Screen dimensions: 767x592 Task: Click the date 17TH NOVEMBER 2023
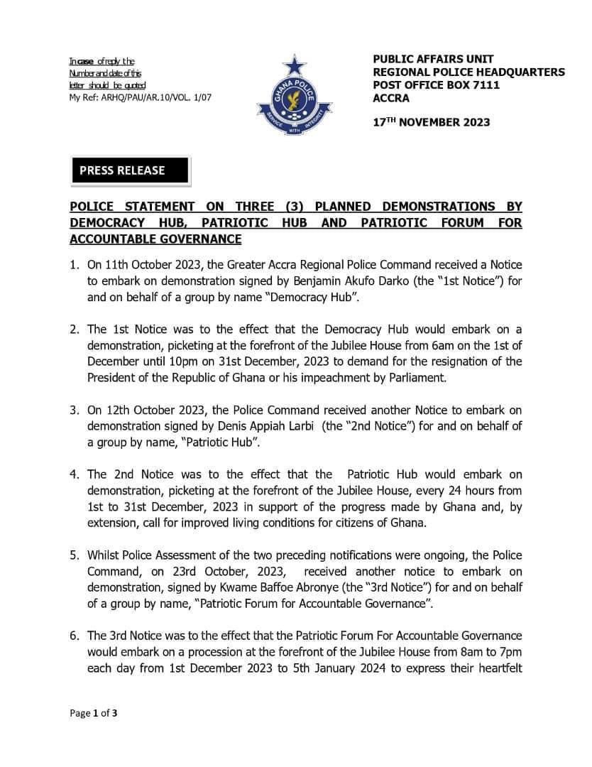[x=432, y=122]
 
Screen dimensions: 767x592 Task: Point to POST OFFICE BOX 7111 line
[x=436, y=85]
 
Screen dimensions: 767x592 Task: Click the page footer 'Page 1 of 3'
[x=93, y=714]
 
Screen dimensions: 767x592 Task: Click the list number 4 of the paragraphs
[x=73, y=474]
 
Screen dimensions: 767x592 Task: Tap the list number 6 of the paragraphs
[x=73, y=636]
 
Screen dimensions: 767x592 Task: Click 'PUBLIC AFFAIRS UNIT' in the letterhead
[x=433, y=59]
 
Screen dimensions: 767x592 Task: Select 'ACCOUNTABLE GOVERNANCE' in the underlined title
[x=155, y=239]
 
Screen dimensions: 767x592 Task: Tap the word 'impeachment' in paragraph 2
[x=307, y=378]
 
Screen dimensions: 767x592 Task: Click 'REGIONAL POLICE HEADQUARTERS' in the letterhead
[x=468, y=72]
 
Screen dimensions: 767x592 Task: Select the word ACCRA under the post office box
[x=391, y=99]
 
